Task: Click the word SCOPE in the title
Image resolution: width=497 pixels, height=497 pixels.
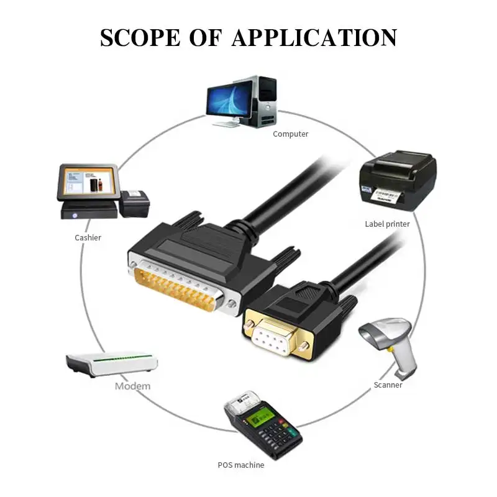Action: point(140,38)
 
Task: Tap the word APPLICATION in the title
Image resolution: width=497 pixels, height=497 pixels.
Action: point(314,38)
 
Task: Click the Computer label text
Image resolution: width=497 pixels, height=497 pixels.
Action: point(290,134)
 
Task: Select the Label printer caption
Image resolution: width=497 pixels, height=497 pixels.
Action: point(387,224)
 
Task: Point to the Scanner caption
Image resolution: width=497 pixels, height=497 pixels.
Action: point(388,385)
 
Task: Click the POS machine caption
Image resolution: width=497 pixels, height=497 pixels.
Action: point(241,465)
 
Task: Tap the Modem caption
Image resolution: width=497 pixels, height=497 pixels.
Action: point(132,386)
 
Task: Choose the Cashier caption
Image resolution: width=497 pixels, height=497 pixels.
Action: point(88,238)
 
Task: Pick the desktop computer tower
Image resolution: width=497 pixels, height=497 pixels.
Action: point(264,101)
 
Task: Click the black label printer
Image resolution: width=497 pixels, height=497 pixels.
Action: point(398,180)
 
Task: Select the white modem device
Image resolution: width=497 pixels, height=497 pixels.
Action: point(112,364)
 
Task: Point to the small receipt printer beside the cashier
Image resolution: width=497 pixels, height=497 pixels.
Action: point(134,204)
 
